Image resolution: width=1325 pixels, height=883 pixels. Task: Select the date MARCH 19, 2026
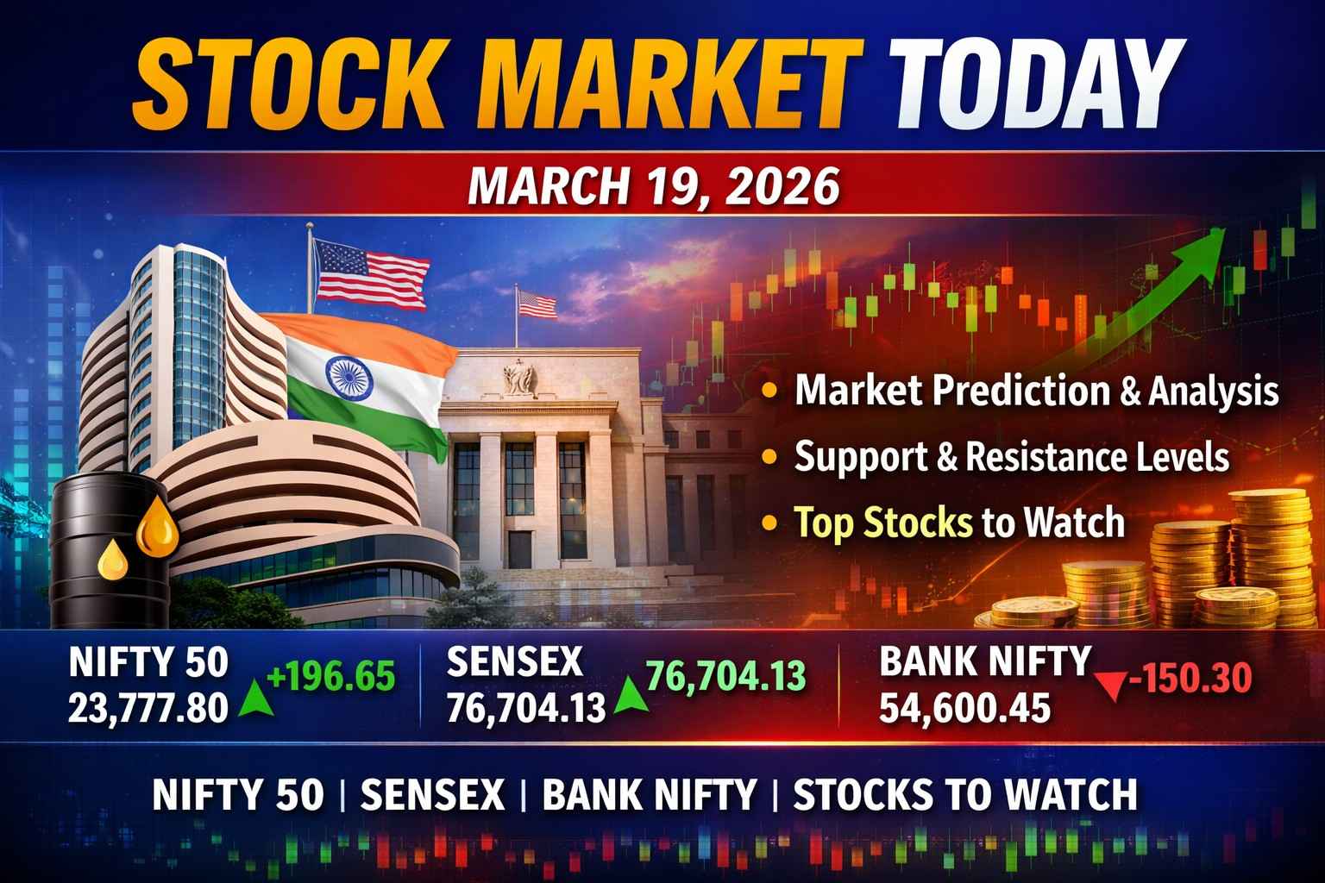click(x=653, y=186)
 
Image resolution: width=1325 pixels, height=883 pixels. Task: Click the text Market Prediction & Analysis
click(x=1036, y=391)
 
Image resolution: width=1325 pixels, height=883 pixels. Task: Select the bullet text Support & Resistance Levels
click(x=1011, y=456)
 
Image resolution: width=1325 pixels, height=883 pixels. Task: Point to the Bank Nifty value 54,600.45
click(x=964, y=708)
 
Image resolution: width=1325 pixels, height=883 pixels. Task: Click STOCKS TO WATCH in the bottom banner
click(x=964, y=794)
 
